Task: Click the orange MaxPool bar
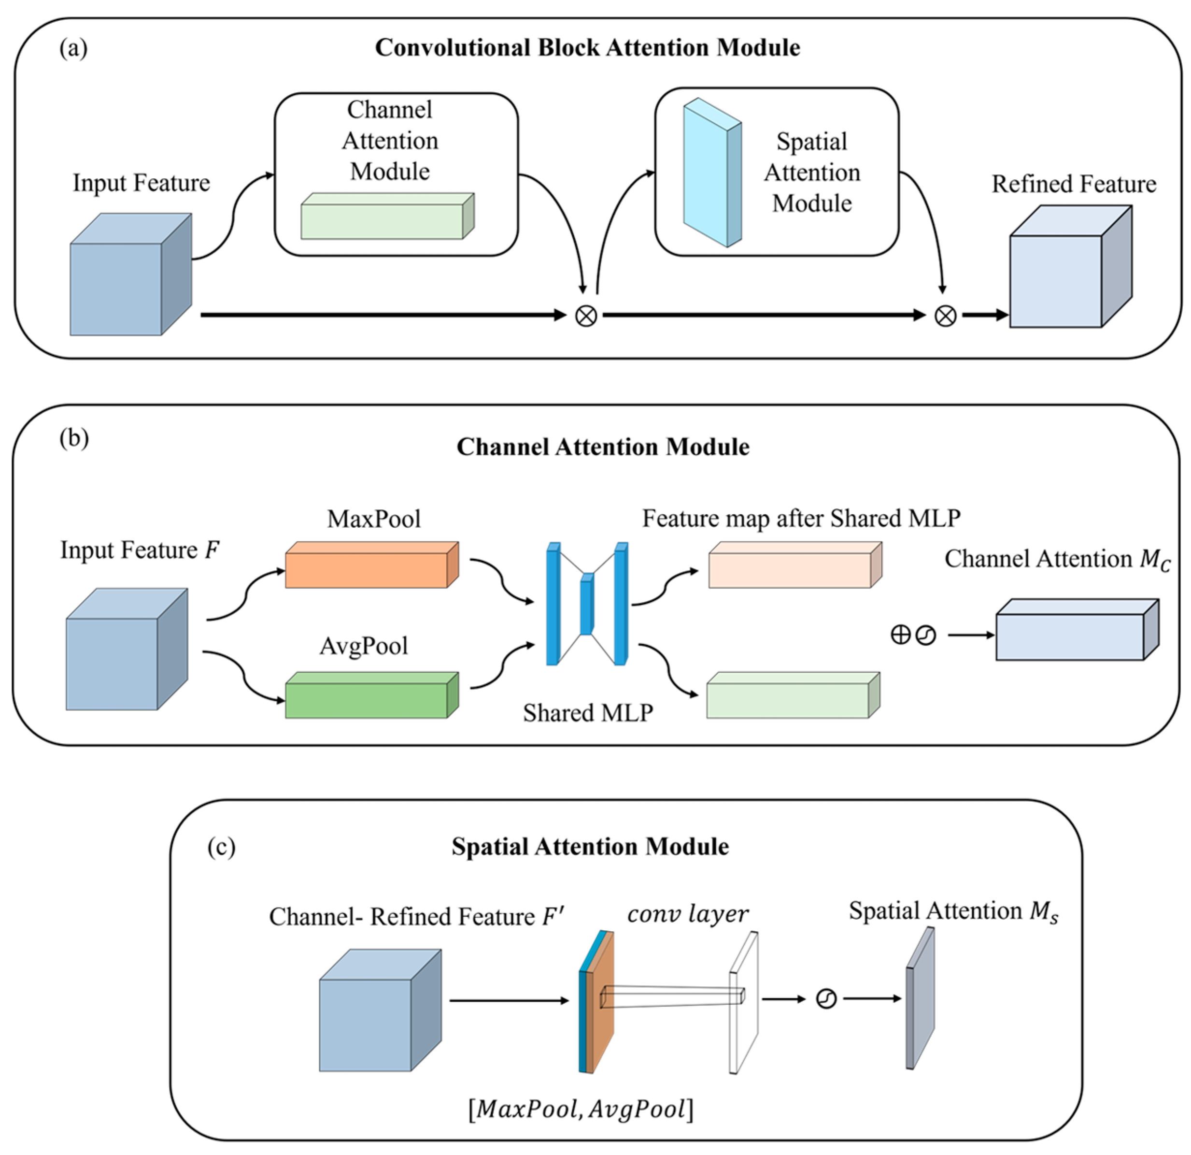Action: (x=372, y=565)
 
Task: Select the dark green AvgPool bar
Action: (x=372, y=695)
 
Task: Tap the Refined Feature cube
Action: (x=1071, y=266)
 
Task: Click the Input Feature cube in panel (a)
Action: (x=131, y=274)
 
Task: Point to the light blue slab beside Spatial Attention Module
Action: (x=712, y=173)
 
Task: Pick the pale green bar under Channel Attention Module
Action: (x=388, y=216)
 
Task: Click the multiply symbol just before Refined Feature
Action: (x=945, y=316)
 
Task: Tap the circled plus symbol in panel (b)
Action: (x=901, y=635)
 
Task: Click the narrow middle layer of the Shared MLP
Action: (x=586, y=604)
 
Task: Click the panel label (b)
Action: (x=74, y=438)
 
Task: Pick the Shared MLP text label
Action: (x=588, y=712)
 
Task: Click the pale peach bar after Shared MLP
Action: (x=795, y=565)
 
